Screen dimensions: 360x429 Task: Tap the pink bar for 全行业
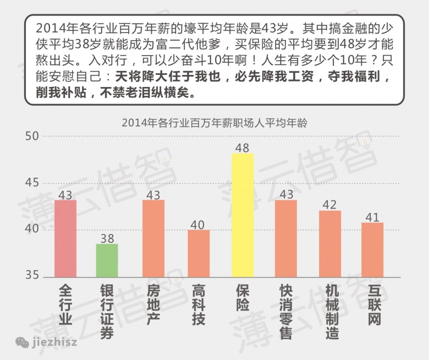point(65,238)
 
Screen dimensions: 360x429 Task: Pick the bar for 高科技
point(199,253)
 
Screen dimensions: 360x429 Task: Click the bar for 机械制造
point(330,243)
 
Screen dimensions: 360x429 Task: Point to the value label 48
point(242,148)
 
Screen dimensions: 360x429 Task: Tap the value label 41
point(372,217)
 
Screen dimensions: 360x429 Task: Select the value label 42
point(330,205)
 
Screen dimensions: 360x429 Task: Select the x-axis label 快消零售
point(285,312)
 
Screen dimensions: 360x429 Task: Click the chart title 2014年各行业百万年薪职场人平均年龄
point(215,123)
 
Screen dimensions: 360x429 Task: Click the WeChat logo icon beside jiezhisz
point(23,342)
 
